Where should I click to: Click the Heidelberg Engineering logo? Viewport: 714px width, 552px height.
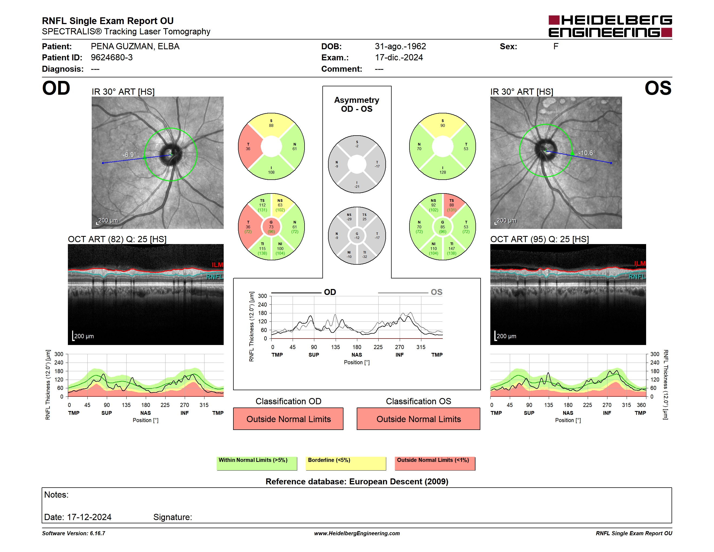click(610, 26)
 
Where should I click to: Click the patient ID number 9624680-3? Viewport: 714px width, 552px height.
click(112, 58)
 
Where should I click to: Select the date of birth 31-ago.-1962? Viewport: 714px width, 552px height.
click(401, 47)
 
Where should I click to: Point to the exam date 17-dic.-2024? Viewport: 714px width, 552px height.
click(399, 58)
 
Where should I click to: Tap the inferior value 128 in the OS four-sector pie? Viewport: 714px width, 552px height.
click(443, 172)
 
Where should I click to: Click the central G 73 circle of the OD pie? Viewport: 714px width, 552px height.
click(271, 227)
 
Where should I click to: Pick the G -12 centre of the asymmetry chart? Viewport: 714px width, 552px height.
click(357, 235)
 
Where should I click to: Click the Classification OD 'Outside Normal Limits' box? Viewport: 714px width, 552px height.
click(288, 419)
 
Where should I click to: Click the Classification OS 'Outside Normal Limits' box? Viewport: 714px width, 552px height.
click(418, 419)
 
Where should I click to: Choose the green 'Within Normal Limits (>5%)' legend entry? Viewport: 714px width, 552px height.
click(257, 463)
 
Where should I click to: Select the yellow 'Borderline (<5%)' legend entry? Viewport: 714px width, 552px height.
click(346, 463)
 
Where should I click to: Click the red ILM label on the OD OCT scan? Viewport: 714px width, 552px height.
click(217, 265)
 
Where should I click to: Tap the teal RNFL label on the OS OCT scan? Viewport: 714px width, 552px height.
click(637, 277)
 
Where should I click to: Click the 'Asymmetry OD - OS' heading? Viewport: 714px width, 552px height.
click(357, 104)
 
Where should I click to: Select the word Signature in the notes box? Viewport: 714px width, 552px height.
click(173, 517)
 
